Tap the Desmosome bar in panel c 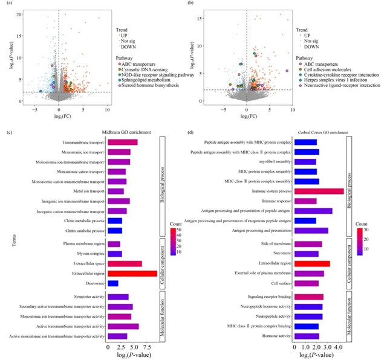click(113, 283)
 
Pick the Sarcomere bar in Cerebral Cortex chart click(305, 254)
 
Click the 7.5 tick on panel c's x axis click(147, 347)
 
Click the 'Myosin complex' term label click(89, 254)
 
